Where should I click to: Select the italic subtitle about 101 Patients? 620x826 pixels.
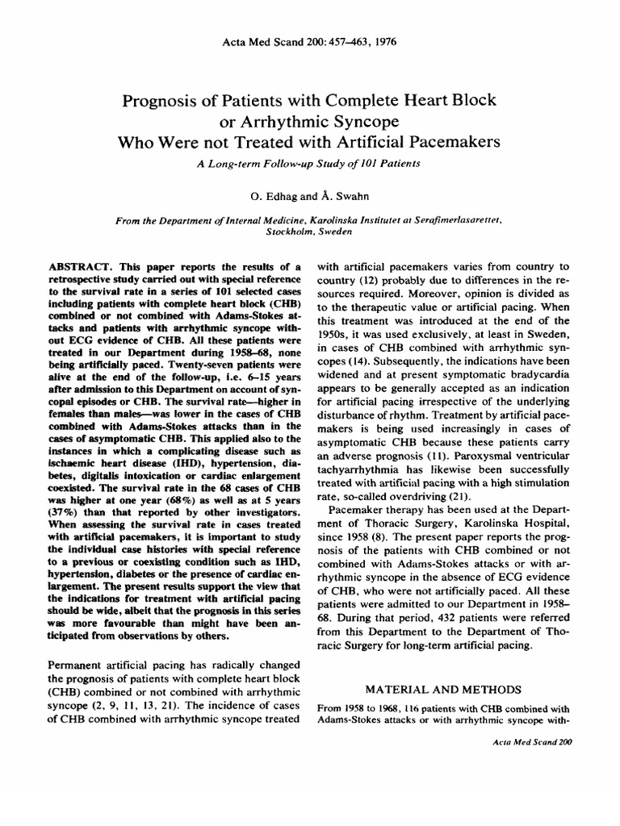point(310,162)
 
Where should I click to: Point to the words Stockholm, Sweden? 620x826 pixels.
point(310,230)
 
